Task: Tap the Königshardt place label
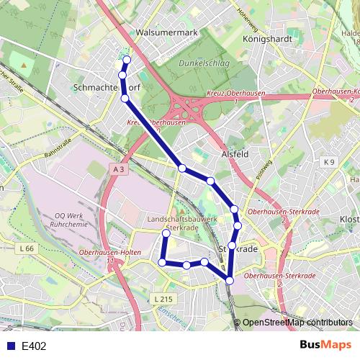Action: [x=266, y=39]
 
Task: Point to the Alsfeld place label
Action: [x=234, y=154]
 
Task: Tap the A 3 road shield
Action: [x=119, y=168]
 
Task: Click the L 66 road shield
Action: [x=27, y=248]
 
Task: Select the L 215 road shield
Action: [x=163, y=298]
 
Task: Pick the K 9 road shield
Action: [x=330, y=162]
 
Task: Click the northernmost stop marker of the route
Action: [x=127, y=60]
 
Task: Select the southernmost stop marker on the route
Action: [x=230, y=280]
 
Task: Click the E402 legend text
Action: [x=34, y=346]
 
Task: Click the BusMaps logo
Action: [x=326, y=346]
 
